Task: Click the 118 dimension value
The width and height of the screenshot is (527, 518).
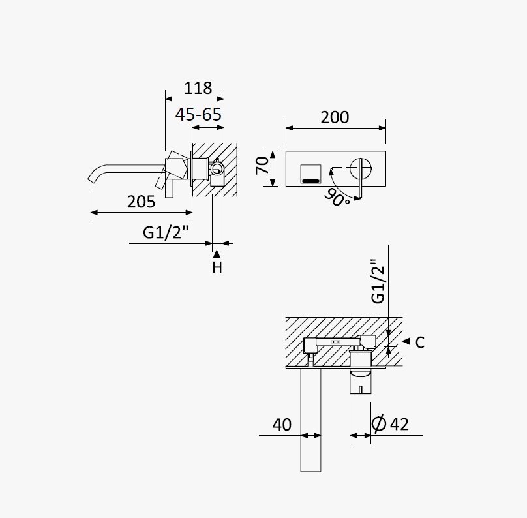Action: coord(198,88)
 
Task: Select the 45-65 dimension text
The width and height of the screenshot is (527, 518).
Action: coord(198,115)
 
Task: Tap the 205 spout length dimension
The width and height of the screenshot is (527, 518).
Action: coord(141,202)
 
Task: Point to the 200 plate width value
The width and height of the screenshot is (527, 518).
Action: coord(335,117)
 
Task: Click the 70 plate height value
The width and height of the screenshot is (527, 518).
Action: coord(262,166)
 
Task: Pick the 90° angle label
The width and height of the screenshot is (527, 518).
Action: coord(337,197)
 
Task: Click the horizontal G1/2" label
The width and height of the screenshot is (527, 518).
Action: coord(166,232)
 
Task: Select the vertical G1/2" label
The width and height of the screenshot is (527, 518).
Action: coord(378,281)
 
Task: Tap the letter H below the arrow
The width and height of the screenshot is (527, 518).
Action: coord(217,267)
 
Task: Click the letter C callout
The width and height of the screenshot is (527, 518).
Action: coord(420,343)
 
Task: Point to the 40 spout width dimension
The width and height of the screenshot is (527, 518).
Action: coord(282,425)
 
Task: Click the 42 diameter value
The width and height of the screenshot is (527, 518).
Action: coord(399,424)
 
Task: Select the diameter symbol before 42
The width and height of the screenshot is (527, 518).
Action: coord(379,423)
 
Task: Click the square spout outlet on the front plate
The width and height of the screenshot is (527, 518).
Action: coord(311,174)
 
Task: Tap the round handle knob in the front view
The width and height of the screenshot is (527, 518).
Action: coord(361,168)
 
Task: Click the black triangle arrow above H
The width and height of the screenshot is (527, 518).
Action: coord(217,254)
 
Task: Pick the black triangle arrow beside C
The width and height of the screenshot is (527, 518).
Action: coord(406,341)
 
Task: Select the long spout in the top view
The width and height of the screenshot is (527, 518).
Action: coord(310,419)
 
